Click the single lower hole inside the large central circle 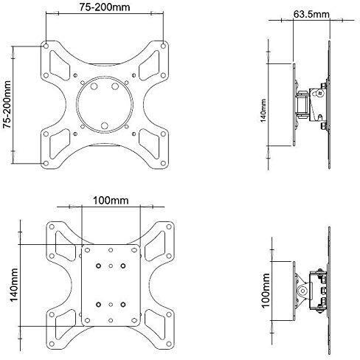(x=104, y=123)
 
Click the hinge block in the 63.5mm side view (x=303, y=103)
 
